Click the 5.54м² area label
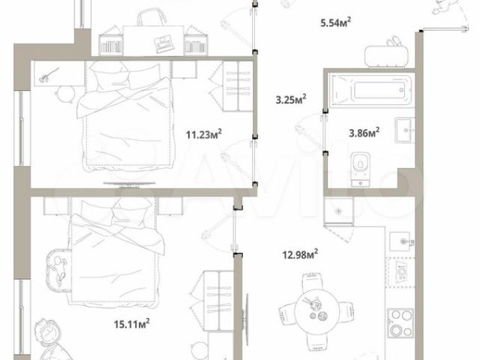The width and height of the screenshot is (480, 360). click(x=335, y=22)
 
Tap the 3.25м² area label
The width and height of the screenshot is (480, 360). click(x=291, y=99)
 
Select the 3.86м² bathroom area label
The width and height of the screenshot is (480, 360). click(x=364, y=133)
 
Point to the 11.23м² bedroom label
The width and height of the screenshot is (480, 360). click(x=204, y=134)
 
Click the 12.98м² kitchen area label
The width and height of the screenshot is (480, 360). click(x=300, y=254)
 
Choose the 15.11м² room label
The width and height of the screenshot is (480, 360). click(x=132, y=323)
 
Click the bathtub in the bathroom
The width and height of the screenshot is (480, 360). click(x=372, y=90)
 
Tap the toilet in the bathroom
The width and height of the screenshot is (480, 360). click(x=361, y=169)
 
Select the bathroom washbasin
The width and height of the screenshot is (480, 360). click(x=405, y=130)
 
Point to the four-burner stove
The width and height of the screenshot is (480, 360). click(x=401, y=323)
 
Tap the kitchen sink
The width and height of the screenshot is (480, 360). click(x=402, y=241)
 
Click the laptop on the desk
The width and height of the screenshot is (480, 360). click(x=163, y=43)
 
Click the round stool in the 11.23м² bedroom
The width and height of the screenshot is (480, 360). click(x=65, y=94)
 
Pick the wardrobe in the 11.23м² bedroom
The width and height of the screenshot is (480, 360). click(x=237, y=86)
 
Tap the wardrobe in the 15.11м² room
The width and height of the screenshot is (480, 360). click(x=218, y=301)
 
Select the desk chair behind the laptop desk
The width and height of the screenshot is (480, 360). click(x=151, y=17)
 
